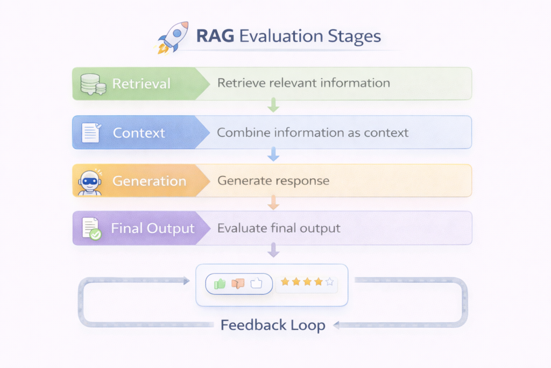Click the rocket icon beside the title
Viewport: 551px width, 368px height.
click(x=173, y=37)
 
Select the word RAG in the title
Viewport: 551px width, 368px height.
click(x=215, y=37)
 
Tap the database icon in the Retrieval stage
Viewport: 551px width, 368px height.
click(x=91, y=84)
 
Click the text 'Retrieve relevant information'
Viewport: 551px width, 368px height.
click(x=303, y=83)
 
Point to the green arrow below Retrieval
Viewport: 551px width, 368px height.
click(x=273, y=105)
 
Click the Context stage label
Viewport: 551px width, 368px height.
click(x=139, y=133)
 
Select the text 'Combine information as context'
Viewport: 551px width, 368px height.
click(x=313, y=133)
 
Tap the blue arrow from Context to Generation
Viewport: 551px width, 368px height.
click(x=273, y=154)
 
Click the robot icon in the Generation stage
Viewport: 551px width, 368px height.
click(x=89, y=182)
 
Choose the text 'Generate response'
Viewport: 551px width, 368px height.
click(x=273, y=180)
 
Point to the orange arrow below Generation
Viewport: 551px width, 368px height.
click(x=273, y=202)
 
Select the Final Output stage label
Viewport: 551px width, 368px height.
click(x=152, y=228)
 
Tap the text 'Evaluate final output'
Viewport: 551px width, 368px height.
click(x=279, y=228)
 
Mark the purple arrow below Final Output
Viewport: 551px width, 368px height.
click(x=273, y=250)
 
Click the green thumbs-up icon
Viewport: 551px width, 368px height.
click(x=220, y=284)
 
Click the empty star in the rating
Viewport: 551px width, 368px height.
click(x=330, y=282)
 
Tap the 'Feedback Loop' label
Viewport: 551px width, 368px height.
click(x=273, y=325)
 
